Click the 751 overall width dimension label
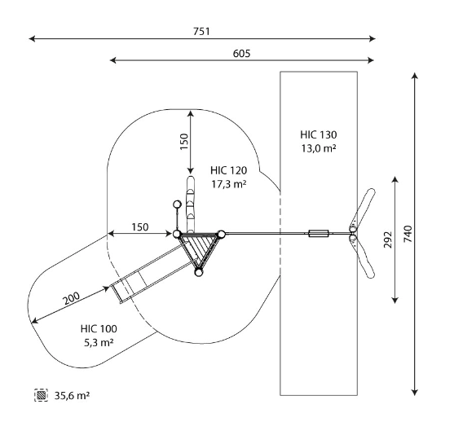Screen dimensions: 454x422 point(201,31)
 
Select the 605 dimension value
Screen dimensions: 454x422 point(241,53)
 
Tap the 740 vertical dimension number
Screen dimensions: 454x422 point(408,234)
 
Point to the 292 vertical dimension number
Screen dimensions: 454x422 point(388,240)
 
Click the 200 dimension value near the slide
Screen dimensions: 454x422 point(72,298)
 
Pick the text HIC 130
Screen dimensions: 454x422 point(319,134)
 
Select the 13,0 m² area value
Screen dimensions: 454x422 point(319,148)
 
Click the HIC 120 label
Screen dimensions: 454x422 point(229,170)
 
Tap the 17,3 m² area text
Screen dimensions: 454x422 point(229,184)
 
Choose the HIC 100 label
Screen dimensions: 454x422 point(99,329)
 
